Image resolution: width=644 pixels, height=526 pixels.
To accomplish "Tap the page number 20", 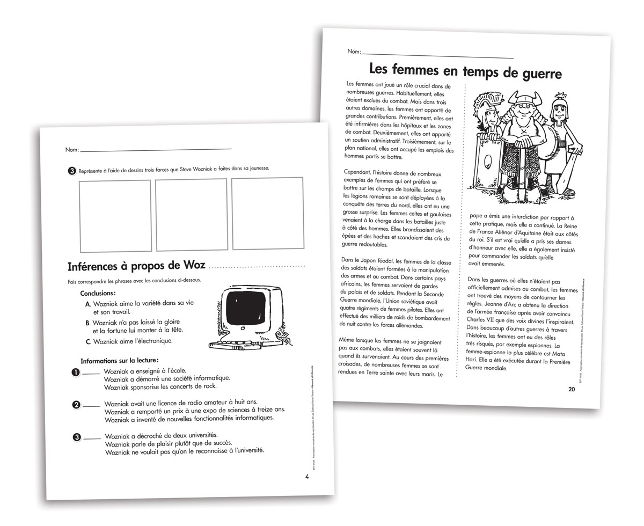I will pos(571,390).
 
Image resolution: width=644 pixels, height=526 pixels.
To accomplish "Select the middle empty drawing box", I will pos(192,214).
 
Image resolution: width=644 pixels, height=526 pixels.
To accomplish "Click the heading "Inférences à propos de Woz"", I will pos(137,267).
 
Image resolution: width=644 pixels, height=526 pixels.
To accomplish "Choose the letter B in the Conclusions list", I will pos(87,323).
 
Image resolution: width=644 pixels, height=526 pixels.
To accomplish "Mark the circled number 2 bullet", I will pos(76,405).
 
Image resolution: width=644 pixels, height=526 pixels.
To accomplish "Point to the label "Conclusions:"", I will pos(98,294).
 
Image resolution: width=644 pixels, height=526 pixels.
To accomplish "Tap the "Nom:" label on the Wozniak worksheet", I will pos(72,150).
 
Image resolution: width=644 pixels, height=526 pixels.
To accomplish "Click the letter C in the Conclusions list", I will pos(88,341).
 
